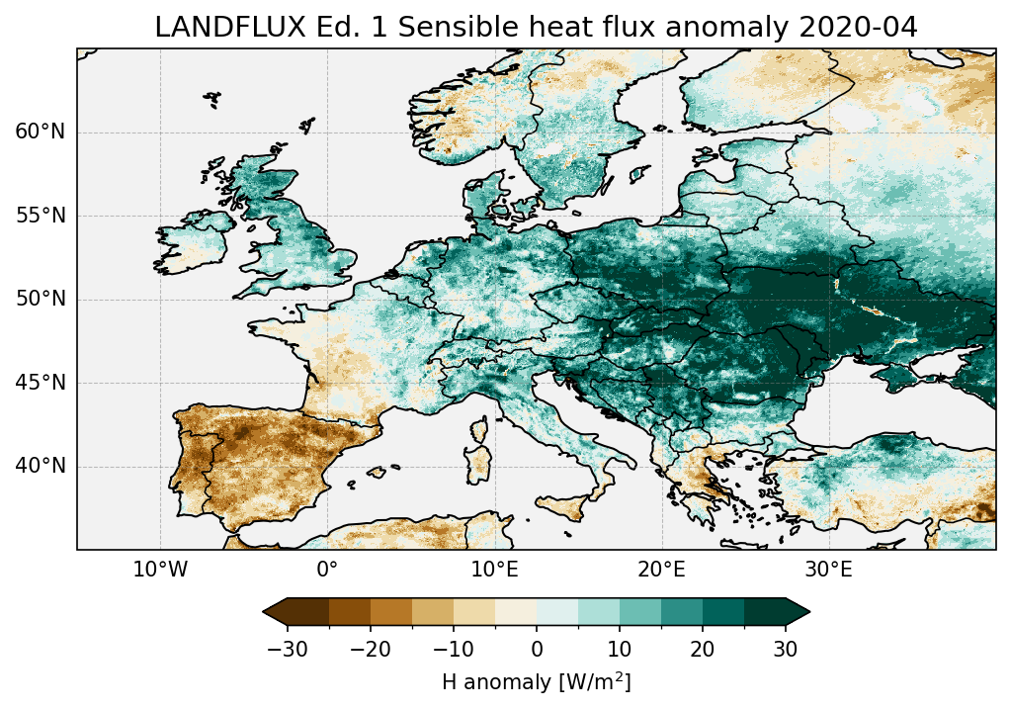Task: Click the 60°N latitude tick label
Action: pyautogui.click(x=40, y=133)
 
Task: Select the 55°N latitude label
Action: pyautogui.click(x=40, y=217)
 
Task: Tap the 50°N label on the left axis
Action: pyautogui.click(x=40, y=300)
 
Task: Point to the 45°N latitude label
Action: pyautogui.click(x=40, y=383)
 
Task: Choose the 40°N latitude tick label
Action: pyautogui.click(x=40, y=466)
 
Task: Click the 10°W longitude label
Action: pyautogui.click(x=159, y=571)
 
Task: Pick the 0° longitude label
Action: pyautogui.click(x=327, y=571)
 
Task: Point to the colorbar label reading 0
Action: pyautogui.click(x=537, y=649)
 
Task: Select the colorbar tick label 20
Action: pyautogui.click(x=703, y=649)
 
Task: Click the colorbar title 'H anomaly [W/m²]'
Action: pyautogui.click(x=536, y=681)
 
